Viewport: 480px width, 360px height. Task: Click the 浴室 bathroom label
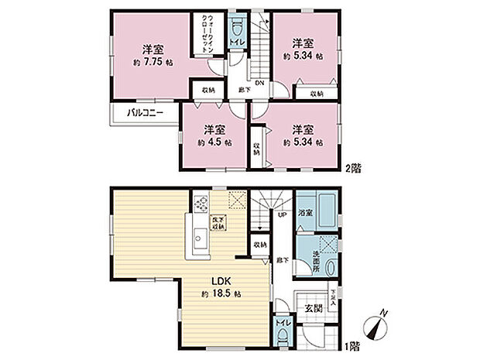pyautogui.click(x=306, y=212)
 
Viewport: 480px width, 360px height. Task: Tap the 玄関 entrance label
pyautogui.click(x=313, y=308)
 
